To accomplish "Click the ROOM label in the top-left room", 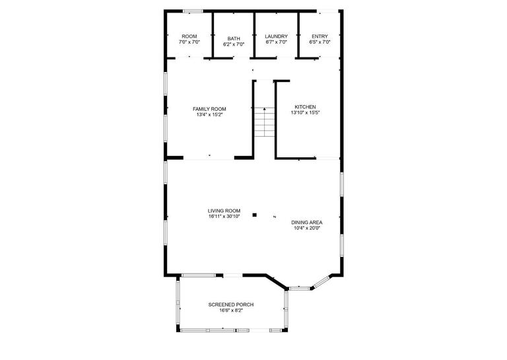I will click(x=189, y=36).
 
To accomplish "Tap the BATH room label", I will click(x=234, y=38).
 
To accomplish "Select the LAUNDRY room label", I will click(x=276, y=36).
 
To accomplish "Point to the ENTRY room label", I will click(x=320, y=36).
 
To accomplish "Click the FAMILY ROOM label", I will click(x=209, y=109).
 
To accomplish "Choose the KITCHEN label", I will click(x=305, y=107).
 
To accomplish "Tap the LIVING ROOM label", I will click(x=224, y=211).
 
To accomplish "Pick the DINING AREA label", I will click(x=307, y=223).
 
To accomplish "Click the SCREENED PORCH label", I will click(x=231, y=305).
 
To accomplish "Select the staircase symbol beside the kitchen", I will click(x=264, y=122).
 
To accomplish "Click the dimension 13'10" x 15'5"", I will click(x=305, y=113).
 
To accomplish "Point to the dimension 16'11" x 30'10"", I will click(x=224, y=216).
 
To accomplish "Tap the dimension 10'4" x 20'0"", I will click(x=307, y=229).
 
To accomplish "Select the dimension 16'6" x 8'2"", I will click(x=231, y=310).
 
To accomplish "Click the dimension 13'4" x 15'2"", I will click(x=209, y=115).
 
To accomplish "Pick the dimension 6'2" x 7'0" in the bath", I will click(x=234, y=44).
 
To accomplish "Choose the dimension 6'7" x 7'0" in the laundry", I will click(x=276, y=42).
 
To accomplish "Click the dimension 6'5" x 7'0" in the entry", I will click(x=320, y=42).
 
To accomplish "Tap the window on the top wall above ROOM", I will click(x=192, y=11).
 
